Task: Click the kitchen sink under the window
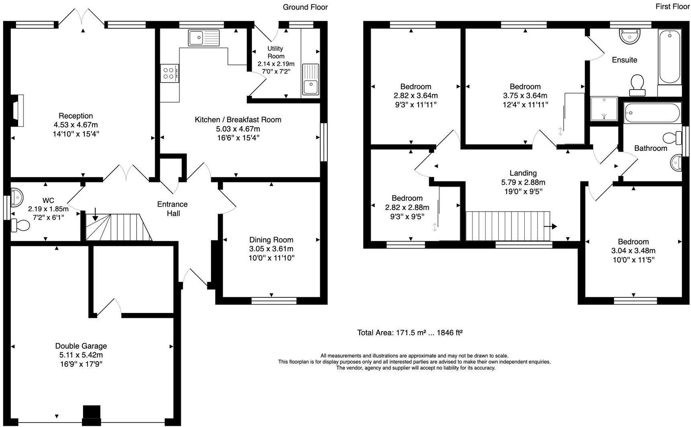[x=204, y=38]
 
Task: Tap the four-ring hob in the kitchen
[x=170, y=73]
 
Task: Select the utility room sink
[x=311, y=79]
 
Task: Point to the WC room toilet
[x=20, y=225]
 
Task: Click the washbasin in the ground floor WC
[x=17, y=197]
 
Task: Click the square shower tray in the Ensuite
[x=604, y=108]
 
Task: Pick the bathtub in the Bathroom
[x=652, y=113]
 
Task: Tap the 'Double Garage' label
[x=81, y=346]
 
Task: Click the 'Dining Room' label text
[x=271, y=240]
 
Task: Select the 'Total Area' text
[x=410, y=333]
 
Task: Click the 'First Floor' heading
[x=673, y=6]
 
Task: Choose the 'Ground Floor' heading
[x=305, y=7]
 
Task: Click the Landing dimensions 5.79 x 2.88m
[x=523, y=182]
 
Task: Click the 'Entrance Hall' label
[x=172, y=209]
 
